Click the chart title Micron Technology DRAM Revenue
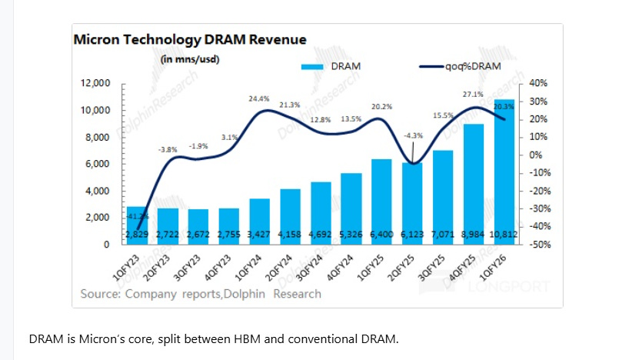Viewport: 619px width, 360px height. (x=189, y=40)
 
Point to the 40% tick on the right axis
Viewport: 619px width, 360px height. (x=537, y=83)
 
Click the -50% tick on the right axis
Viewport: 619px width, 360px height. (x=537, y=245)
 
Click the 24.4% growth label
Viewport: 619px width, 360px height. (x=258, y=98)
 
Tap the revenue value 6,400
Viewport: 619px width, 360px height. (x=382, y=233)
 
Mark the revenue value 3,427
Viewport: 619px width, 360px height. (x=260, y=233)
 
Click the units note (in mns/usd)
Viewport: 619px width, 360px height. (x=190, y=59)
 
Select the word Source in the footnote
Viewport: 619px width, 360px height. (x=100, y=293)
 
